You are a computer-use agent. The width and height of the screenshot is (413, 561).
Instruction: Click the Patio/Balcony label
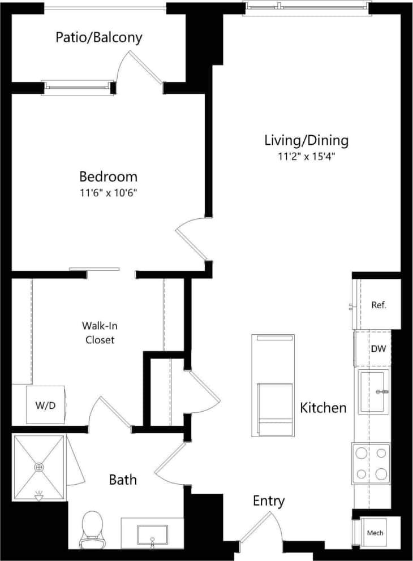point(98,38)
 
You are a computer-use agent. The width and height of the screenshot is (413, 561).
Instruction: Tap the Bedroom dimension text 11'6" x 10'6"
point(108,193)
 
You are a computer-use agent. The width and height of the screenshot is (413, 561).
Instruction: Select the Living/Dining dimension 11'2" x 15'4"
point(306,157)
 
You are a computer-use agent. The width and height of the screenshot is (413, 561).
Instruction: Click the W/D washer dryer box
point(46,405)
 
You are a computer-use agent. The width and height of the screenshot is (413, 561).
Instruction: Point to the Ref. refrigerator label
point(378,305)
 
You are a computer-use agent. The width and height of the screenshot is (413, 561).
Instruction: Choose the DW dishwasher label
point(378,349)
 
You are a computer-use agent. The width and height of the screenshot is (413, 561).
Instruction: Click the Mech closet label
point(375,533)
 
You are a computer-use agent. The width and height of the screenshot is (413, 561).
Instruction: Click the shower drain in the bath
point(39,467)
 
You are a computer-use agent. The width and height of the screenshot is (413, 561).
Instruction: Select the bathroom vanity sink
point(152,534)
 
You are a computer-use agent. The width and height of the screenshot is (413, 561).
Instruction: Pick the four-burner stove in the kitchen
point(371,464)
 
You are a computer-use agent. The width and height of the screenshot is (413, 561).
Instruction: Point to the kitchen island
point(273,386)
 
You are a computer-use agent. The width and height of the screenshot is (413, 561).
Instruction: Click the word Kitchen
point(323,407)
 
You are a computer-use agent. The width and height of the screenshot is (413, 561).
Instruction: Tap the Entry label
point(268,500)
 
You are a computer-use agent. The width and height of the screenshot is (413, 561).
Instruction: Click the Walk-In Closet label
point(100,333)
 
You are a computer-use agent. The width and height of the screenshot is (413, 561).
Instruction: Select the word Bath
point(123,480)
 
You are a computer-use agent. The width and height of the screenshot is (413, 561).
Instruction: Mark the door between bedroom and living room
point(191,240)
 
